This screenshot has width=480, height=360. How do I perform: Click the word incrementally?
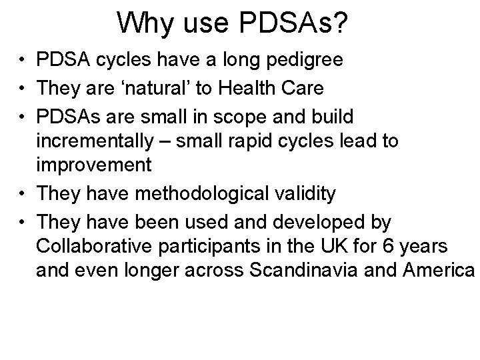tap(98, 141)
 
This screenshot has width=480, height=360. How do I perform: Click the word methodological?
tap(203, 193)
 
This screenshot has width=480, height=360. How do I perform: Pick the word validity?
tap(302, 193)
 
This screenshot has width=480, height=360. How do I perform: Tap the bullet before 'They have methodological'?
tap(22, 193)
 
